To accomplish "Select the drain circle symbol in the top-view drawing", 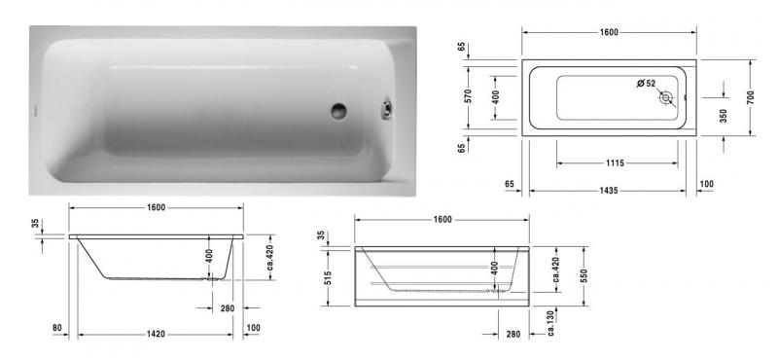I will [666, 98].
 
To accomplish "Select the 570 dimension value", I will [468, 97].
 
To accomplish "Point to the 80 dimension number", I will [59, 328].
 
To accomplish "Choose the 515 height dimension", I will [330, 279].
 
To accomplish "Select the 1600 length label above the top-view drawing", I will [608, 32].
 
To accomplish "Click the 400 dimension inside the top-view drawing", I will [495, 97].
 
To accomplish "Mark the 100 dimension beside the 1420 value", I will [255, 328].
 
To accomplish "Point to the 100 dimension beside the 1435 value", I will [706, 183].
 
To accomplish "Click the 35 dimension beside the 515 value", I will [322, 236].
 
